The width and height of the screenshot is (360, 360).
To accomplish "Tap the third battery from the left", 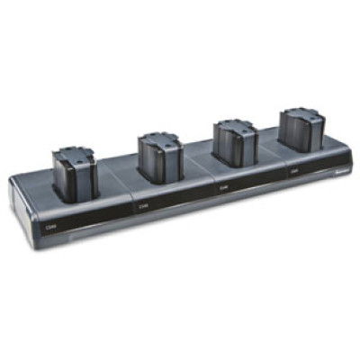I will click(x=234, y=144).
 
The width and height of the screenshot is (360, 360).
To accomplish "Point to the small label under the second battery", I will click(x=145, y=206).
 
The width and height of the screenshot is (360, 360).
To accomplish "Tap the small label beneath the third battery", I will click(x=224, y=188).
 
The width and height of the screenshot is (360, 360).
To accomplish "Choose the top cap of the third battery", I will click(x=234, y=126).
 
